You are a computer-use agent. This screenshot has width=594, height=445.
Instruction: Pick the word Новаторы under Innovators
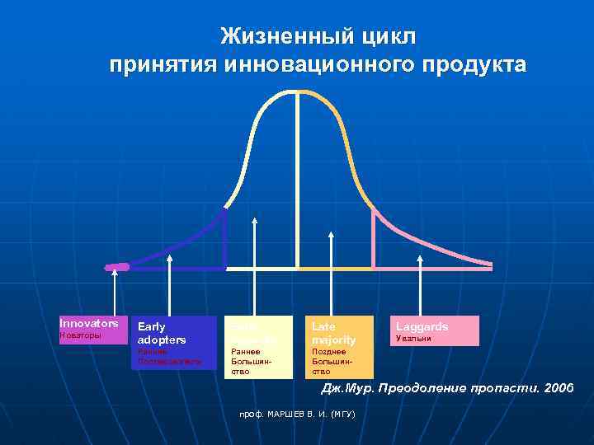coord(81,336)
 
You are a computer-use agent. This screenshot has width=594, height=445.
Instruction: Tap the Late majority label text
coord(333,333)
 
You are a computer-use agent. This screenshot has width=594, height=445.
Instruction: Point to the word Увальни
coord(413,339)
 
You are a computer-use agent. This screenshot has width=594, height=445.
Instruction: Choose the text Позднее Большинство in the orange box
coord(329,361)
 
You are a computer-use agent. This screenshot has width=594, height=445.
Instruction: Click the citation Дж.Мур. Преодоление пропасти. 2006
coord(447,388)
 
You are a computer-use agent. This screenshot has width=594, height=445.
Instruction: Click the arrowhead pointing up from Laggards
coord(421,259)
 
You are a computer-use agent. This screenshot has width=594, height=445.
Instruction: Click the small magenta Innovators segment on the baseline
coord(118,267)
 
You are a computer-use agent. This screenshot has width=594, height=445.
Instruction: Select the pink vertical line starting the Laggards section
coord(373,238)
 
